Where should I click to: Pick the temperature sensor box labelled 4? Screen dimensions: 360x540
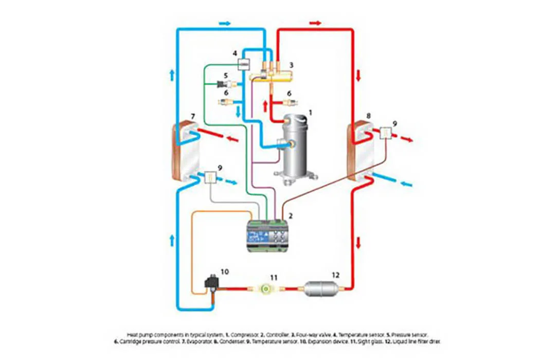point(242,64)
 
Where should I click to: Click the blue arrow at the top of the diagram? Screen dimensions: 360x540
point(225,23)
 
